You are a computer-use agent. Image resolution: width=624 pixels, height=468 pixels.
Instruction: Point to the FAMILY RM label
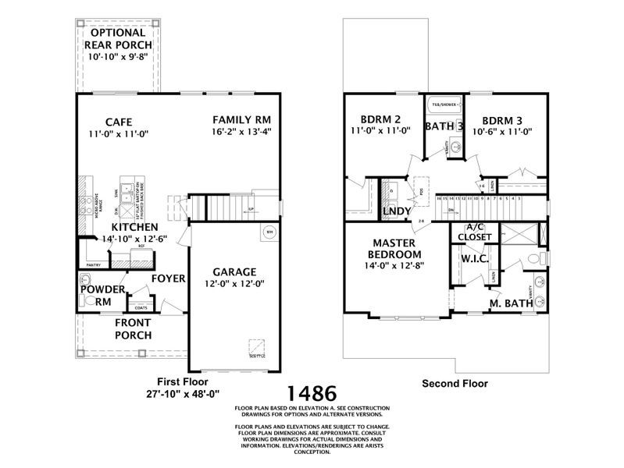coord(242,119)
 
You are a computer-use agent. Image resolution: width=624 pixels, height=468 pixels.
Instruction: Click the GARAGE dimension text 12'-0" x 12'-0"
coord(235,285)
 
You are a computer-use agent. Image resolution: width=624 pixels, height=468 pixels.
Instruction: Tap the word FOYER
coord(168,278)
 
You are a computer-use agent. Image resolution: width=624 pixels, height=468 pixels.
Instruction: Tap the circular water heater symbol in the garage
coord(268,232)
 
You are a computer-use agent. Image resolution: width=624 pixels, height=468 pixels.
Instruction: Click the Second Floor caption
coord(455,383)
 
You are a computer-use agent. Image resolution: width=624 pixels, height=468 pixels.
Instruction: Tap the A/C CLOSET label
coord(474,232)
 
